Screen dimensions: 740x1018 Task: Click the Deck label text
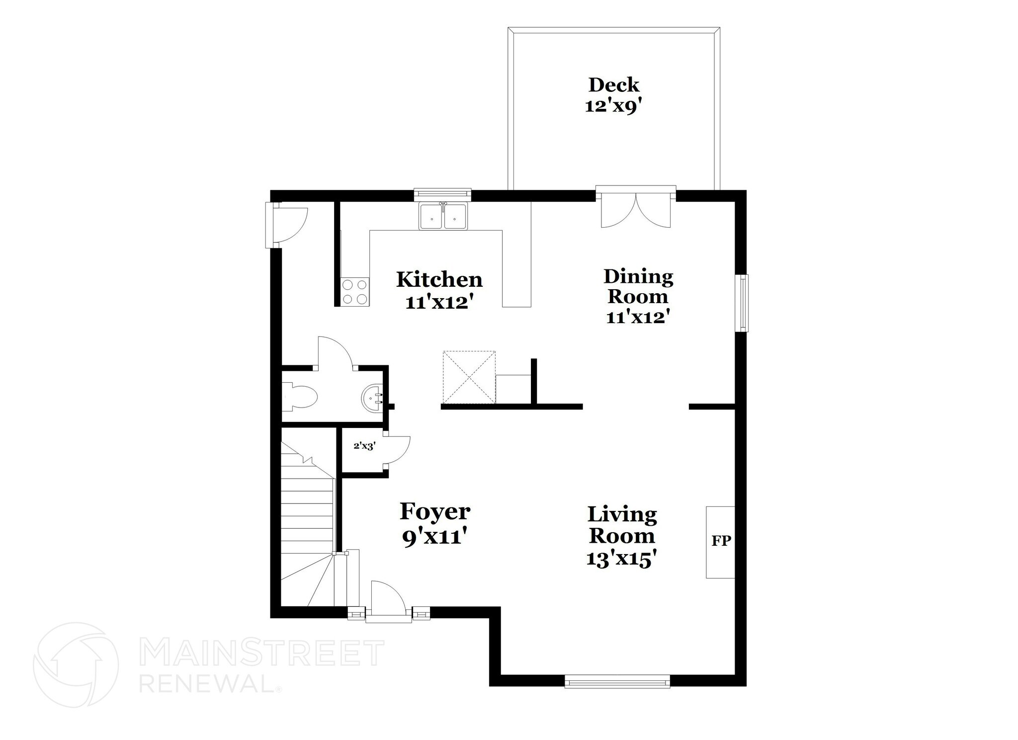point(614,85)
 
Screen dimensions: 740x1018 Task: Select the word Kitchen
point(439,280)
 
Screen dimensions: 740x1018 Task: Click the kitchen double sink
point(443,217)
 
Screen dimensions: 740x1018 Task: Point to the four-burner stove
point(355,292)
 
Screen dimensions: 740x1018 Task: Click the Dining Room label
point(638,286)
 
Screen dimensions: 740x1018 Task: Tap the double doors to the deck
point(636,211)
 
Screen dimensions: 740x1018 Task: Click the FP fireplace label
point(721,541)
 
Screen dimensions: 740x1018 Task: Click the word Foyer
point(435,511)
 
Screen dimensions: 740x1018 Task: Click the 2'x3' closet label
point(364,446)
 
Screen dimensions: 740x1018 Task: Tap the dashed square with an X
point(469,377)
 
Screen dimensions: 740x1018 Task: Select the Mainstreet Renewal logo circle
point(76,664)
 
